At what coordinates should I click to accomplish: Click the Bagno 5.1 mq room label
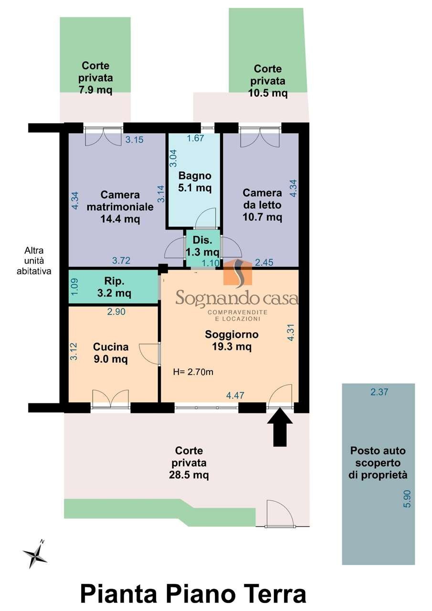click(195, 182)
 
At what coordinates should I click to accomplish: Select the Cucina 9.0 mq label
click(111, 353)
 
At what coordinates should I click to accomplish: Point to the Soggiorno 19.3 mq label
click(232, 340)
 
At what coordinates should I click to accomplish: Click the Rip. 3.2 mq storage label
click(114, 287)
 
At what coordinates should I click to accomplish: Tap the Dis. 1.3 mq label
click(202, 246)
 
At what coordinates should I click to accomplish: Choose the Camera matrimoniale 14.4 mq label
click(120, 207)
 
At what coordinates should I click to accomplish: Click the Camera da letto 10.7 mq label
click(262, 205)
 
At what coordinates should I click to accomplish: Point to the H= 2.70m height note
click(193, 372)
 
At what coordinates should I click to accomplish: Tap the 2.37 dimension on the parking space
click(379, 392)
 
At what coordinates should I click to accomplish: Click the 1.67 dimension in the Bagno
click(195, 138)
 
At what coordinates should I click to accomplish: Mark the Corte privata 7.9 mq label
click(95, 78)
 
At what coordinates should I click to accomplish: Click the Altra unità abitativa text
click(34, 261)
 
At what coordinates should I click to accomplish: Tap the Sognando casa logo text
click(237, 297)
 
